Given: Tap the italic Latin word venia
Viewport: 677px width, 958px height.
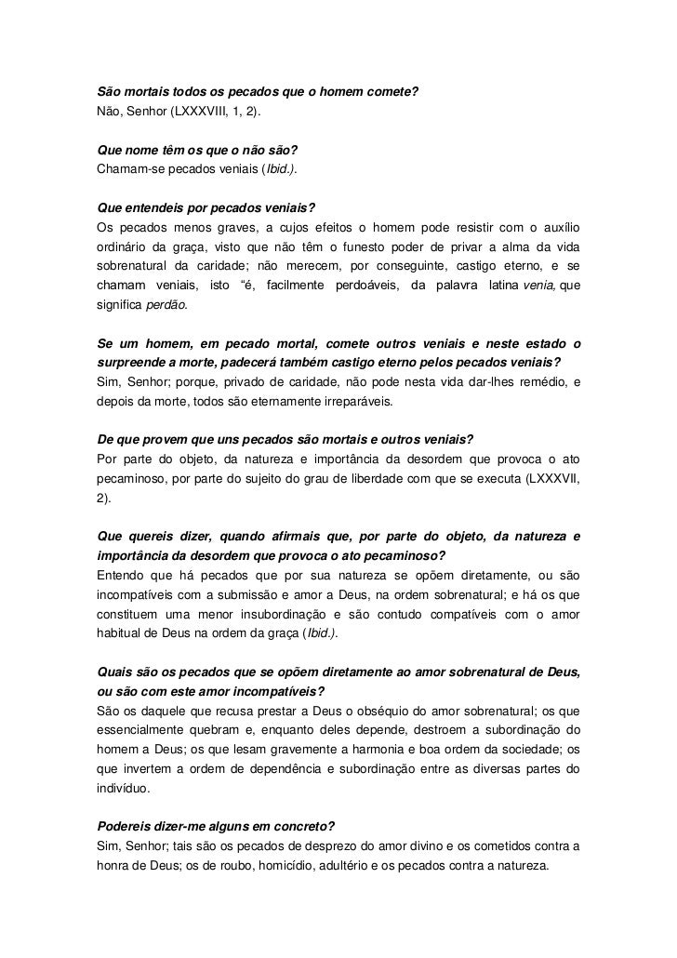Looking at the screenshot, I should coord(541,286).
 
